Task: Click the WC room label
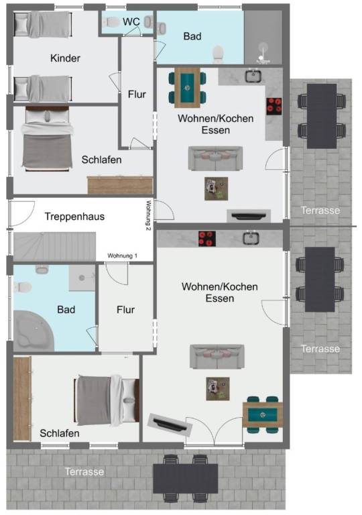coord(131,21)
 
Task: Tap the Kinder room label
coord(65,58)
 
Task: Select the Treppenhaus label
coord(74,217)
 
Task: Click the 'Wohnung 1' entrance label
coord(122,255)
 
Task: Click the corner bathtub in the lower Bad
coord(32,331)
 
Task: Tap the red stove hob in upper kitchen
coord(274,107)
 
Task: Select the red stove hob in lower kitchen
coord(207,239)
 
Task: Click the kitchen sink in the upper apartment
coord(253,76)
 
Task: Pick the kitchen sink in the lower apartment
coord(251,238)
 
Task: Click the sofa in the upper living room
coord(215,159)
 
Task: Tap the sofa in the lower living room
coord(217,356)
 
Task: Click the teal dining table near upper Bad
coord(187,88)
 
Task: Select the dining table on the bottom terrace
coord(185,478)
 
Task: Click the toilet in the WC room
coord(111,22)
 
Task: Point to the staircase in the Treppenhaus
coord(54,247)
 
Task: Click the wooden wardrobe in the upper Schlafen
coord(120,185)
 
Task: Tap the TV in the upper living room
coord(249,216)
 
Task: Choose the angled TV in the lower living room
coord(170,424)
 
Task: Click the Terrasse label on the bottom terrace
coord(84,471)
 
